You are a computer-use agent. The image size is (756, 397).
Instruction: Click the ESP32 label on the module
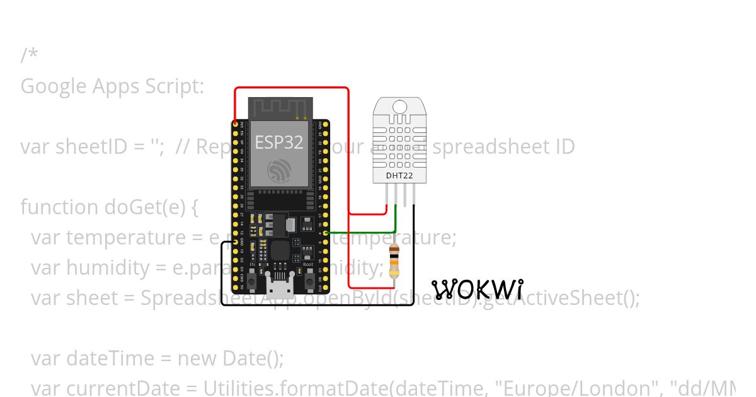[x=278, y=142]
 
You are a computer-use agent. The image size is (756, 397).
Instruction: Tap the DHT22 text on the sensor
[x=399, y=176]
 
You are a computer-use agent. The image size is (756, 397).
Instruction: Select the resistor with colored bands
[x=394, y=260]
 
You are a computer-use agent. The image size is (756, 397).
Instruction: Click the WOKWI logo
[x=478, y=289]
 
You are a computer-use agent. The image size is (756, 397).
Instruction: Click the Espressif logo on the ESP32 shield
[x=279, y=170]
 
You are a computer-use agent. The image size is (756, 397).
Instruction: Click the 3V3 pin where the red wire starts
[x=236, y=124]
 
